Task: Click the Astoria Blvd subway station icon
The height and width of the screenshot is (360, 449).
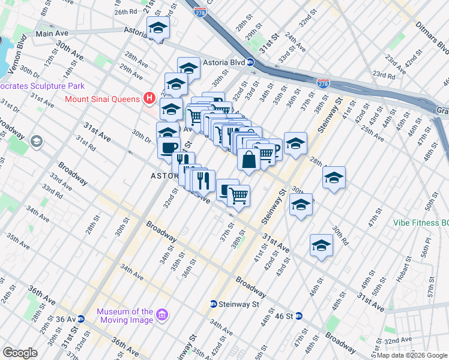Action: [x=251, y=61]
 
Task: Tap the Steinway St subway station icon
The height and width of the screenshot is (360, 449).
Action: [x=213, y=304]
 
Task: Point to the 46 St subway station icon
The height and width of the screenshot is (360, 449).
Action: [x=298, y=316]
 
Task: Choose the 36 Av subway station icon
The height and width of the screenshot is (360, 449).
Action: [x=89, y=319]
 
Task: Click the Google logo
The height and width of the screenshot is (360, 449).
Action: [x=20, y=353]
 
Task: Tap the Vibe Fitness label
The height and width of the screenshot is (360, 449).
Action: [x=420, y=222]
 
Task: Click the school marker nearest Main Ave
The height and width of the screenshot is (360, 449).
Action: [x=158, y=28]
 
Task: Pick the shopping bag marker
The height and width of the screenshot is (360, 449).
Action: [x=249, y=160]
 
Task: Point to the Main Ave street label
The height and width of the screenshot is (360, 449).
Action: [x=53, y=34]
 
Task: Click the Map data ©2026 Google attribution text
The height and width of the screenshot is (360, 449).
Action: [x=412, y=355]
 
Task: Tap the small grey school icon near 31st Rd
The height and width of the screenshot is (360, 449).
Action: [x=37, y=142]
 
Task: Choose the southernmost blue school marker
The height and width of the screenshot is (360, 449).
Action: [x=321, y=246]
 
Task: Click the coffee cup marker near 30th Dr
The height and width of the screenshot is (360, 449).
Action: [x=169, y=147]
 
